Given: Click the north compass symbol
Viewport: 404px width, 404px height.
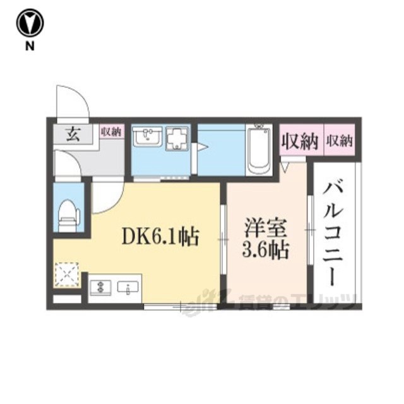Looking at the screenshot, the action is click(30, 23).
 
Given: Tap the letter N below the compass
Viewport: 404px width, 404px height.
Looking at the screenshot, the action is click(30, 46).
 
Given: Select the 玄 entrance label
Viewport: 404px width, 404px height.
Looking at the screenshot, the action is click(73, 134).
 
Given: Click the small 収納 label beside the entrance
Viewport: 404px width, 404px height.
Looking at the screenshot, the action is click(111, 132).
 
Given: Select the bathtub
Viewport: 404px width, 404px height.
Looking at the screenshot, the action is click(258, 150).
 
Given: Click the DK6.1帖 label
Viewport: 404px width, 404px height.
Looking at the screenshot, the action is click(160, 236).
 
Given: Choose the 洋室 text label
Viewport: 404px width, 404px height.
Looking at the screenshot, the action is click(266, 227).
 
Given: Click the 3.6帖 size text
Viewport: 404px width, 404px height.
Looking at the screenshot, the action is click(265, 249).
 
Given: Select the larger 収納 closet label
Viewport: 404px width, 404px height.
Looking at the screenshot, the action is click(300, 141).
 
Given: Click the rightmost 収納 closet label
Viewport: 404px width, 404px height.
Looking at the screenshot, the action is click(339, 141).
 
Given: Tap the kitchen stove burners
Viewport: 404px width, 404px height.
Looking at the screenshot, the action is click(100, 287).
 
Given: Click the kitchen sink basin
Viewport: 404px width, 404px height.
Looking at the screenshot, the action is click(128, 288).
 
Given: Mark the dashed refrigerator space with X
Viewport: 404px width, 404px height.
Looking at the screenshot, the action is click(67, 275).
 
